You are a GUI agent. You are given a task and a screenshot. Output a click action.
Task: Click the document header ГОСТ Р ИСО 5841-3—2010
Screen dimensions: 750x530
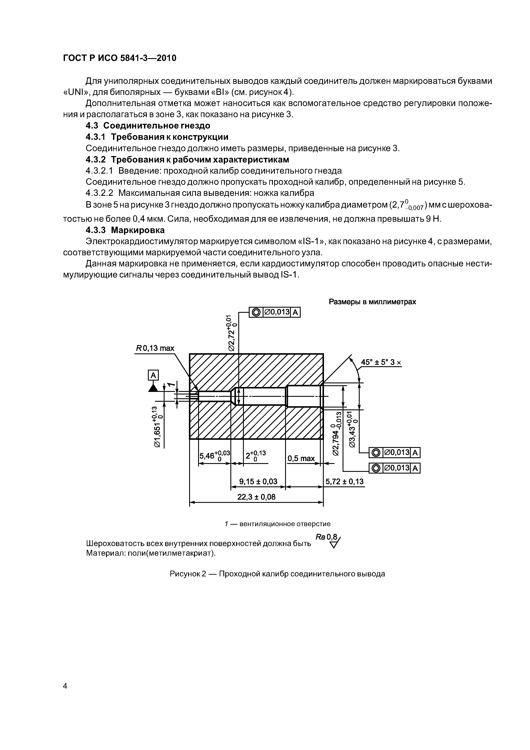[x=119, y=58]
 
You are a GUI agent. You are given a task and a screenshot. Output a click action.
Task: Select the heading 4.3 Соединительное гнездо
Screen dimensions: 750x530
[x=148, y=126]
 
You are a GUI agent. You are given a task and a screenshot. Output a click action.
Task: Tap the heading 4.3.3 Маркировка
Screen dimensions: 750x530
[x=125, y=230]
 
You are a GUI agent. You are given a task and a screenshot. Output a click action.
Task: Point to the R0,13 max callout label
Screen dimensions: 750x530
[x=155, y=348]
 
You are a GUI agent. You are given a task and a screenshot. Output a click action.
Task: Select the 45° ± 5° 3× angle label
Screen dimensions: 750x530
[x=380, y=362]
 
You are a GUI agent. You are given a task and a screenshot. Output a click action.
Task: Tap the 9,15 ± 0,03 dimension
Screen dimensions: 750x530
[x=258, y=481]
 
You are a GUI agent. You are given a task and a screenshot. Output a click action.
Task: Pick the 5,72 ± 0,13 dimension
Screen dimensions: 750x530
[x=344, y=481]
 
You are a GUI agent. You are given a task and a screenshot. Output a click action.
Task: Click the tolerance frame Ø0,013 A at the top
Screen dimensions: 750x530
[x=274, y=312]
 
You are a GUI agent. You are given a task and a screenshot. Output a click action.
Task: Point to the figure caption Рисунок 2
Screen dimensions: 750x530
[x=277, y=574]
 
